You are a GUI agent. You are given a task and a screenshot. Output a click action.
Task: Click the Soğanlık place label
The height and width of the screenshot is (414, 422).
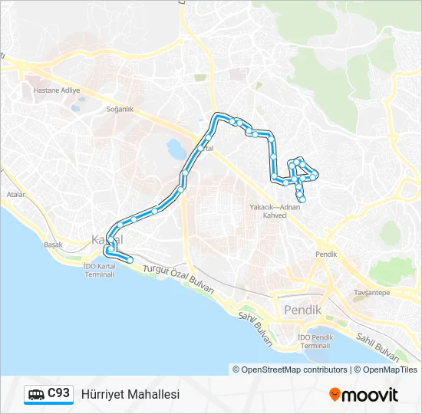click(x=119, y=109)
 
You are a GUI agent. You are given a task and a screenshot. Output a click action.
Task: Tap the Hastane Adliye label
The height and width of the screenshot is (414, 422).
click(x=56, y=90)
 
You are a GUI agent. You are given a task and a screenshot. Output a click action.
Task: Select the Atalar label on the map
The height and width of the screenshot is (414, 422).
click(x=16, y=195)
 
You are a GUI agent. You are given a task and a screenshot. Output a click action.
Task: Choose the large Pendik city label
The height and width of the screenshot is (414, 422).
click(x=302, y=310)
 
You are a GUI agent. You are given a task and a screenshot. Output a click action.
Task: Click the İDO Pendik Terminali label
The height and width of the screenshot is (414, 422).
click(x=315, y=342)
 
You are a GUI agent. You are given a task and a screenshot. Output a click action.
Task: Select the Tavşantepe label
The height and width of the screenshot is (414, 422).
click(x=371, y=292)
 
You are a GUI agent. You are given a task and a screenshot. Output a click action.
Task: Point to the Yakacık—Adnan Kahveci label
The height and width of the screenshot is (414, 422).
click(x=275, y=211)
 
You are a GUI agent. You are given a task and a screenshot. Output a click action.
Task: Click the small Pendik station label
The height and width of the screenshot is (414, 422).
click(x=326, y=254)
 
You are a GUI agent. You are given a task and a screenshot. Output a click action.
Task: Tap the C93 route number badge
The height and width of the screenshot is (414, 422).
click(x=59, y=393)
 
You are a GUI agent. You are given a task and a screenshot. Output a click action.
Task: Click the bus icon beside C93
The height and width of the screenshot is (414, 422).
click(x=36, y=395)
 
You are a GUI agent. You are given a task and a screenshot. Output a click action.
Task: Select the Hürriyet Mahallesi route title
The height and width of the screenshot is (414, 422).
click(x=130, y=394)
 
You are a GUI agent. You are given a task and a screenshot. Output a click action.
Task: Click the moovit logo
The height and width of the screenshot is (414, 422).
click(x=364, y=395)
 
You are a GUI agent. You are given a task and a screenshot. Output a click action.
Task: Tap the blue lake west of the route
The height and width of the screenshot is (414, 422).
click(x=175, y=146)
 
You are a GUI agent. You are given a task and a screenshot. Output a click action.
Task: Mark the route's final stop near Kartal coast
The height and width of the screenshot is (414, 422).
click(x=130, y=261)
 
